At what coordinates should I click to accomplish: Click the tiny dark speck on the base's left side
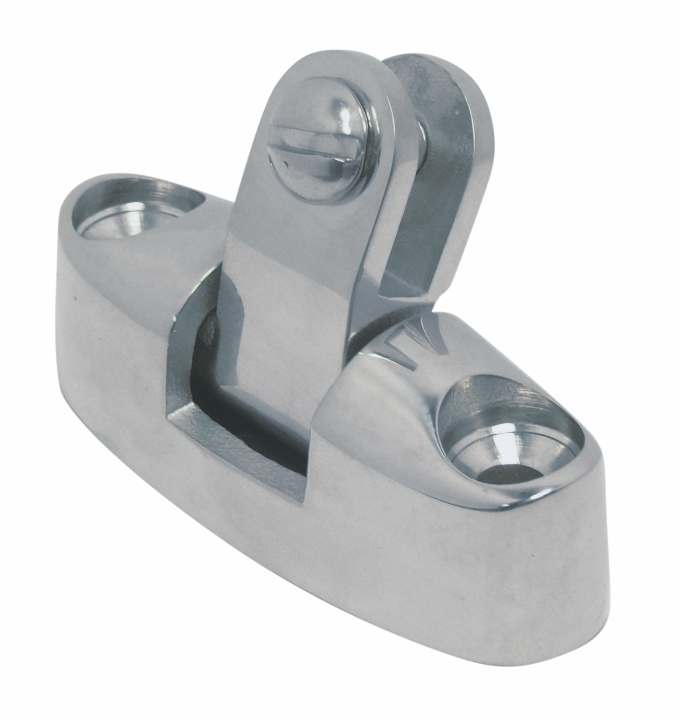[x=75, y=298]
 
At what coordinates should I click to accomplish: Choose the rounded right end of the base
[x=588, y=559]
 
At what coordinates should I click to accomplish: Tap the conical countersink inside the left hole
[x=116, y=219]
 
